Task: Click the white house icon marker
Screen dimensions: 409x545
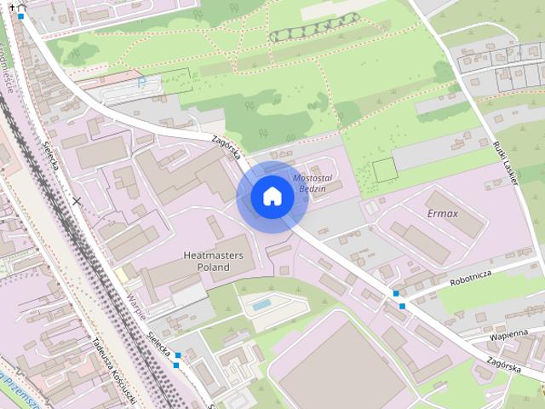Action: click(x=272, y=196)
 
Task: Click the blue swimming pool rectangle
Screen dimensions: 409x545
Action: click(x=262, y=303)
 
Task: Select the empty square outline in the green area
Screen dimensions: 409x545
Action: click(x=385, y=169)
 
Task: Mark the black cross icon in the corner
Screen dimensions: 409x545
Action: click(x=12, y=5)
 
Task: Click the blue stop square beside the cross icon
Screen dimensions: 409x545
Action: click(x=21, y=15)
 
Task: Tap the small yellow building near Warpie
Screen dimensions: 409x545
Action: click(x=123, y=275)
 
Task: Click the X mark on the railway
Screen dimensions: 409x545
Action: click(x=77, y=202)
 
